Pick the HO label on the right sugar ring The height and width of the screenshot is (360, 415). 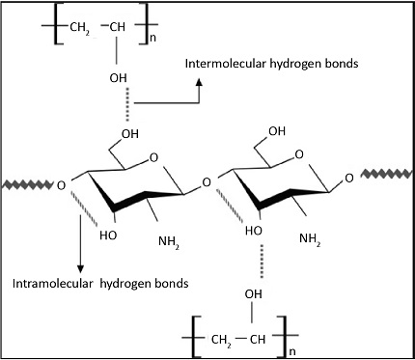coord(254,232)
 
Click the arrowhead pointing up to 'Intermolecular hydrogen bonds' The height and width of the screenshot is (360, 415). coord(199,83)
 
